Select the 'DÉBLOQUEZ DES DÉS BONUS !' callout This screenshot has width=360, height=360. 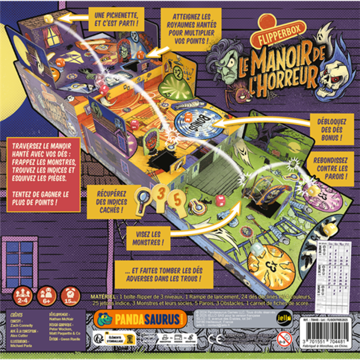pos(326,128)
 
